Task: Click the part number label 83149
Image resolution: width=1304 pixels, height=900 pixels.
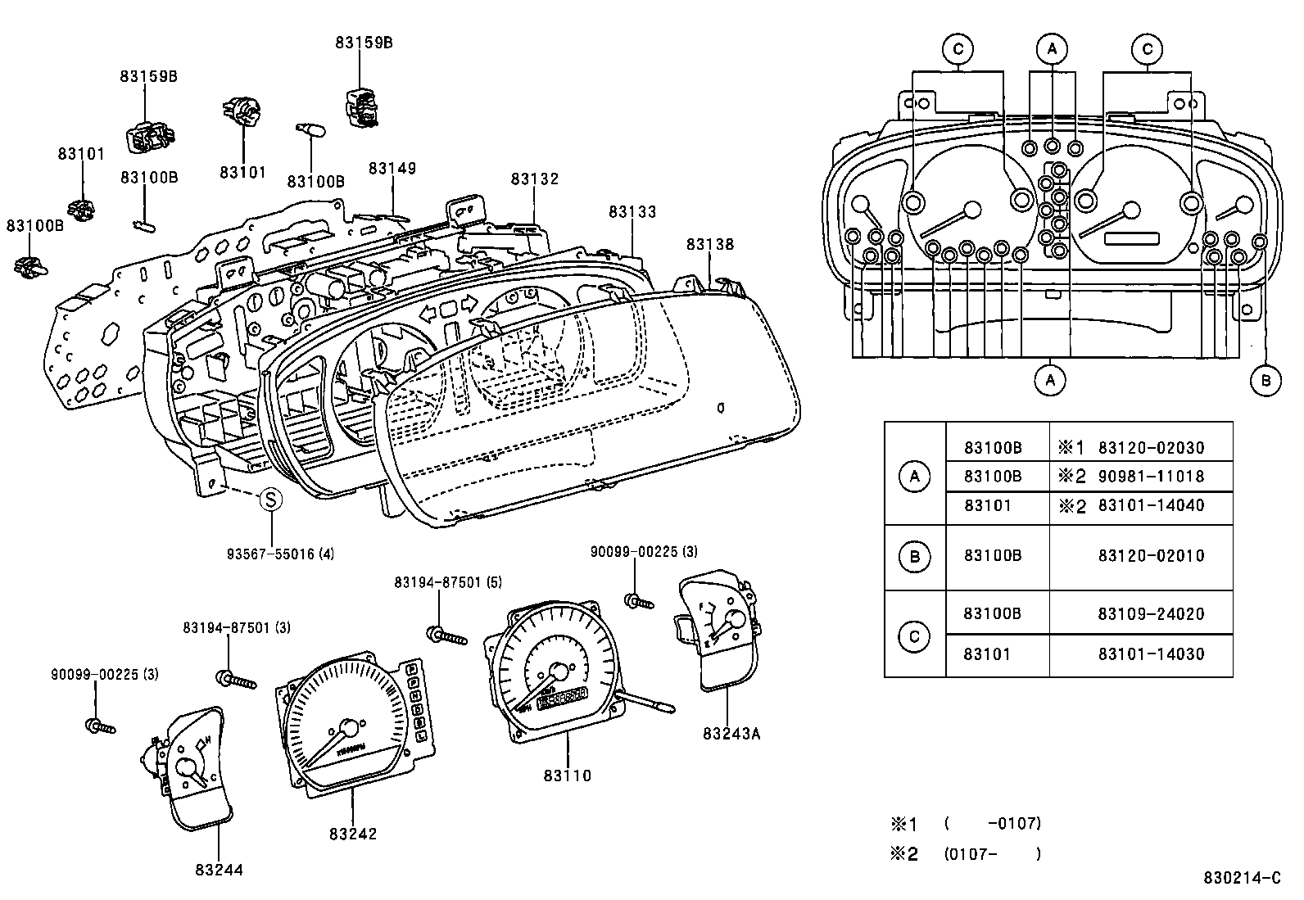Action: click(x=392, y=169)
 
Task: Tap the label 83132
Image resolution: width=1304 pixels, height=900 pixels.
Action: click(x=534, y=179)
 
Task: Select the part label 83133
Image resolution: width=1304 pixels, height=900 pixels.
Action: click(x=632, y=212)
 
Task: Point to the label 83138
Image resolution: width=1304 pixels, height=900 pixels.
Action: click(x=710, y=244)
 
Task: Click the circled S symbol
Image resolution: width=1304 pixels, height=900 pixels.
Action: click(x=271, y=499)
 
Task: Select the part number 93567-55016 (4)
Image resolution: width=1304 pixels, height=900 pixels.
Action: click(x=280, y=554)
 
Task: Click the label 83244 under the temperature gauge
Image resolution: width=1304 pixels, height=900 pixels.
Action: click(x=219, y=870)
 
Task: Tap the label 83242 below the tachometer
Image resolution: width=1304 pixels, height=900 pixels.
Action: click(x=353, y=834)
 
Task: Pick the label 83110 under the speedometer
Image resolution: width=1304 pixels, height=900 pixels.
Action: click(x=567, y=775)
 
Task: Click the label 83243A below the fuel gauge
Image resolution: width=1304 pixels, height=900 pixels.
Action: click(x=731, y=733)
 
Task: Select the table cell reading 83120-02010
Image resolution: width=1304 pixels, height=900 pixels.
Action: click(x=1151, y=556)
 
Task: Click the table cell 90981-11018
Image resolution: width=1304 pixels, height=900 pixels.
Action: click(x=1151, y=477)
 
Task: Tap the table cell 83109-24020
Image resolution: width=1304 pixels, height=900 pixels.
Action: click(x=1151, y=614)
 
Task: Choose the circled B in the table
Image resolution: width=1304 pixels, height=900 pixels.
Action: click(x=914, y=557)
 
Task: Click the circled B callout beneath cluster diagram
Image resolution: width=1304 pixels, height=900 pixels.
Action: click(x=1266, y=380)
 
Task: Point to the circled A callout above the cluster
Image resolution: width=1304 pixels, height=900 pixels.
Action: click(x=1052, y=50)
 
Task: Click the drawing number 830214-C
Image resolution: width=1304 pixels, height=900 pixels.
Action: click(x=1242, y=878)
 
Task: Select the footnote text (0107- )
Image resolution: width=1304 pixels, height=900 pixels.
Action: click(x=993, y=854)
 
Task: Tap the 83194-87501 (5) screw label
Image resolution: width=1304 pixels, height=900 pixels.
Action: click(x=447, y=582)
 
